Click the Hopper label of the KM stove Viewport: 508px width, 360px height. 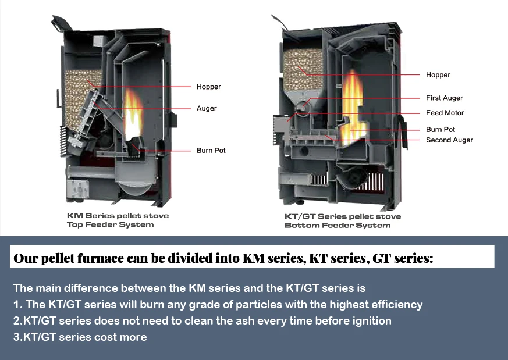(209, 87)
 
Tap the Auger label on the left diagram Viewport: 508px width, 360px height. (207, 109)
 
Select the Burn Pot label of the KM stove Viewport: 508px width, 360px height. (211, 151)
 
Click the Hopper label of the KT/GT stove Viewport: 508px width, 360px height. (438, 75)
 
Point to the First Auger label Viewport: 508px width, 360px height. (445, 98)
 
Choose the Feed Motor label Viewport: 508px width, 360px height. (445, 113)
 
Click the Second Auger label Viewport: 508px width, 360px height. (449, 140)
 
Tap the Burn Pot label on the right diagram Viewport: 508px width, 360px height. (440, 130)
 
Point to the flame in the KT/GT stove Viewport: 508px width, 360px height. (352, 108)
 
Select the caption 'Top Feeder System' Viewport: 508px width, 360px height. (110, 224)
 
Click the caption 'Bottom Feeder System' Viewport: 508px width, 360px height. (337, 226)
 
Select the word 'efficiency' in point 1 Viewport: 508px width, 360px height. (398, 305)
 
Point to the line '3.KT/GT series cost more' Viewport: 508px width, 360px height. (80, 337)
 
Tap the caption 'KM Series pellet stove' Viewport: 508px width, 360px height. (118, 216)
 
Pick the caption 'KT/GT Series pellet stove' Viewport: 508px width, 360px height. (342, 216)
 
